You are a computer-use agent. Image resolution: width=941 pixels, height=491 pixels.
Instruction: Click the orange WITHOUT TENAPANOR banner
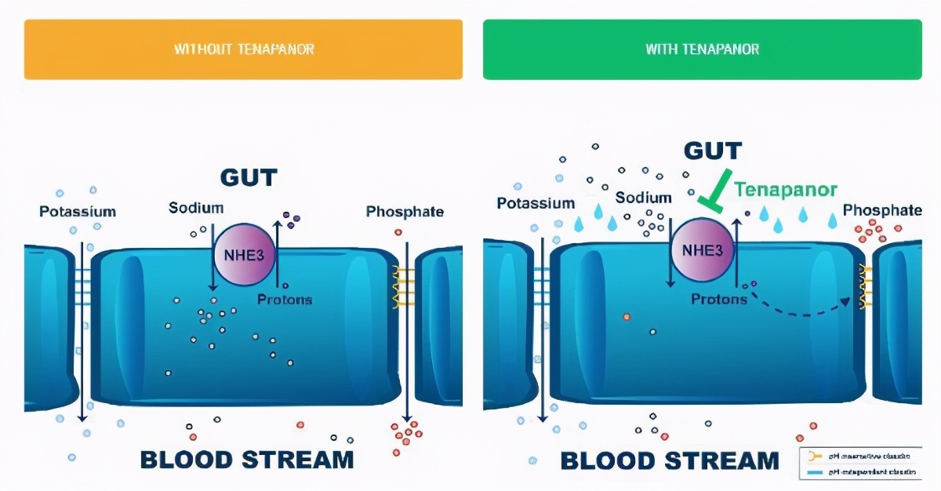[243, 49]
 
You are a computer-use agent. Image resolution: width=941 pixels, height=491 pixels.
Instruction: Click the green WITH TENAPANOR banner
[702, 49]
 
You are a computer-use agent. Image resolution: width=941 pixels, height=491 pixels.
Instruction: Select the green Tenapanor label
[786, 189]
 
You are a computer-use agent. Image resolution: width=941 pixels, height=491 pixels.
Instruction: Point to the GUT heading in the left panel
[249, 177]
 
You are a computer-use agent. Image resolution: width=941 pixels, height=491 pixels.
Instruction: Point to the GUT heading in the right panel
[713, 150]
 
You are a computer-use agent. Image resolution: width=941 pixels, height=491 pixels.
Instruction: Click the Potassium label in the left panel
[78, 211]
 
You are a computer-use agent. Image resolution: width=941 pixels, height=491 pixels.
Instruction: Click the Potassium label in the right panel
[536, 203]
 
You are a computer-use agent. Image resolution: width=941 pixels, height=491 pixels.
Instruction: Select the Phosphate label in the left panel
[405, 211]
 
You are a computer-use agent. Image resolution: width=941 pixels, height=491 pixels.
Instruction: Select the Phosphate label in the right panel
[882, 210]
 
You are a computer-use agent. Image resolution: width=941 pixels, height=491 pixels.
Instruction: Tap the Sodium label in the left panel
[196, 208]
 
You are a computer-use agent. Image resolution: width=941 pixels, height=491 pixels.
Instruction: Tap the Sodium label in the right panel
[644, 198]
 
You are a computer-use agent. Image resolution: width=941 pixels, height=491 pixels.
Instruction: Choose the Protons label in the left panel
[285, 300]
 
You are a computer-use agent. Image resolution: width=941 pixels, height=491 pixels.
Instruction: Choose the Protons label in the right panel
[719, 299]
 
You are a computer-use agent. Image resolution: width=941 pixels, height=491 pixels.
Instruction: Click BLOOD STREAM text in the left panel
[246, 459]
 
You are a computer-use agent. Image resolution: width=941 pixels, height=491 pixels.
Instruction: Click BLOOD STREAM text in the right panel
[670, 460]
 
